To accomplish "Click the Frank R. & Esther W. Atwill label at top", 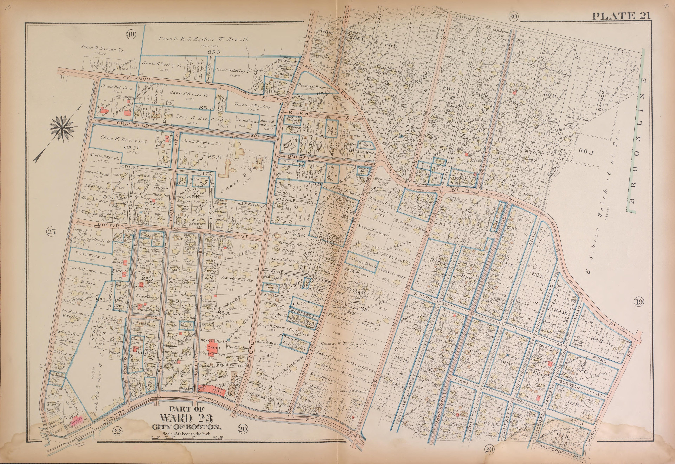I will (x=203, y=39).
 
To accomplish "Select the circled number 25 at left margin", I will (x=51, y=232).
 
